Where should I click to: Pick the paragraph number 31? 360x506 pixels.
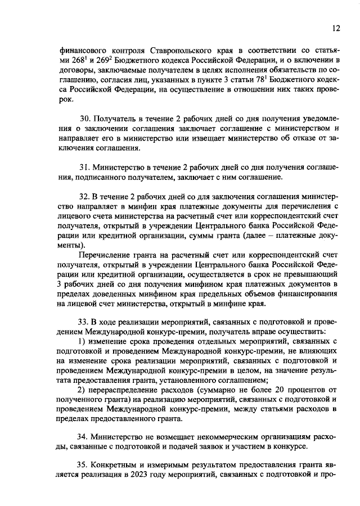pos(84,168)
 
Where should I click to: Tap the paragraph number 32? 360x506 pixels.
pos(85,197)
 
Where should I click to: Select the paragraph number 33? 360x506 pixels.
pos(85,322)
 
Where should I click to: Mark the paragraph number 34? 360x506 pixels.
pos(85,436)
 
